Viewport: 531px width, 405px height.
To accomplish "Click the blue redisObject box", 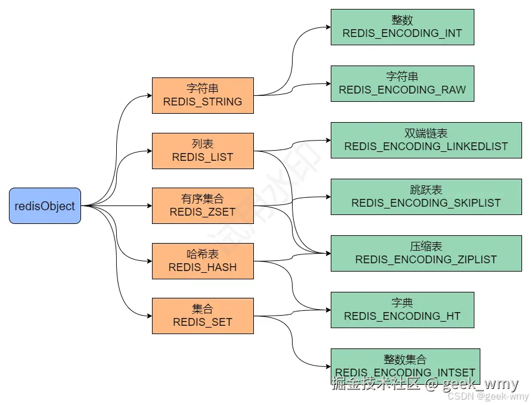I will point(45,206).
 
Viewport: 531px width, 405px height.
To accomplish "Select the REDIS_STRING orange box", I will point(203,95).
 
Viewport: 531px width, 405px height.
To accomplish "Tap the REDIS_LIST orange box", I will point(203,151).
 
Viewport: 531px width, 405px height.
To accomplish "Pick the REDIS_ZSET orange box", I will point(203,205).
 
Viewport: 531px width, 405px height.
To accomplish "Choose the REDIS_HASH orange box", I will point(203,261).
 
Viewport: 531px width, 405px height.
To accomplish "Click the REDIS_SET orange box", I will point(203,316).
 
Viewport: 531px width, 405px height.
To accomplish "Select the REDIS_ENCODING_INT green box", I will point(402,27).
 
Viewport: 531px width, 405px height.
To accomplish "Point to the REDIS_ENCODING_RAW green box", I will point(402,83).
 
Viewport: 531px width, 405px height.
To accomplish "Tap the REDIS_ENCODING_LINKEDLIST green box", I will point(426,140).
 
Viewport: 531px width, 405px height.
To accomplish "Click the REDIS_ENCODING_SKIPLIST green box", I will point(426,197).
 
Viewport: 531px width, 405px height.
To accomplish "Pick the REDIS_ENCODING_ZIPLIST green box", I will point(426,253).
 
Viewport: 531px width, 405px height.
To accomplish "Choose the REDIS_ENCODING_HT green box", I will point(402,310).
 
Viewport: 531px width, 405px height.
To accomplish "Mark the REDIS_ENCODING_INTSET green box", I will point(405,366).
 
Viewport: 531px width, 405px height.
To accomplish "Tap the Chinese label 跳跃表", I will point(426,190).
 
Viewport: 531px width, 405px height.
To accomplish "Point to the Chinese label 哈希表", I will point(203,254).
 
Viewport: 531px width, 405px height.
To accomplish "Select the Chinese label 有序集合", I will point(203,199).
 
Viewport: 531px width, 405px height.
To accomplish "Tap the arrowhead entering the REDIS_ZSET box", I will point(148,206).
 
